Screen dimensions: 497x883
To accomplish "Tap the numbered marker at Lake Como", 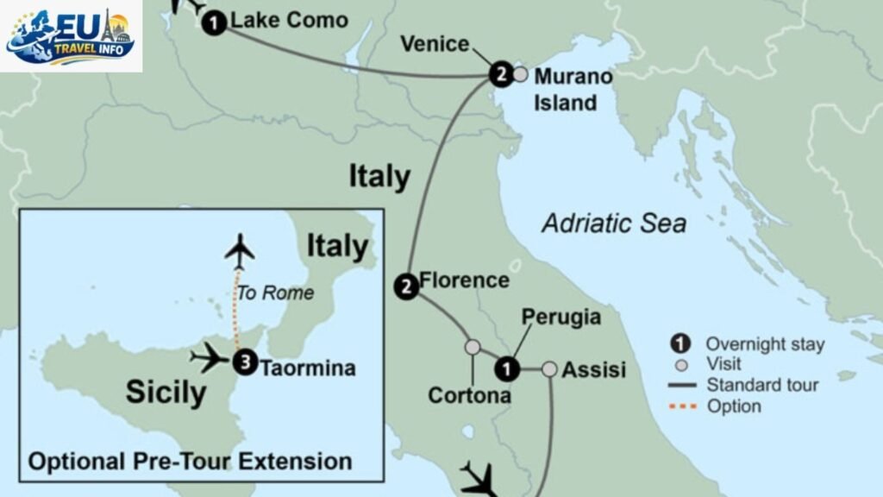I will pyautogui.click(x=215, y=23).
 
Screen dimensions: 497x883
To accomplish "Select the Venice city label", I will pyautogui.click(x=435, y=44).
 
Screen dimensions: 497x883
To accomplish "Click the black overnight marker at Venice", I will pyautogui.click(x=500, y=75).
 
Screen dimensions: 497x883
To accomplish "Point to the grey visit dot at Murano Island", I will pyautogui.click(x=520, y=74).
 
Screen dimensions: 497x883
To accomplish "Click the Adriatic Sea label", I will pyautogui.click(x=614, y=223).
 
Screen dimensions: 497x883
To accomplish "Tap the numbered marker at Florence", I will pyautogui.click(x=405, y=286).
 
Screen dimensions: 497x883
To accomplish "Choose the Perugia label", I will pyautogui.click(x=561, y=317).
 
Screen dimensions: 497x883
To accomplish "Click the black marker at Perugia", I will pyautogui.click(x=508, y=369).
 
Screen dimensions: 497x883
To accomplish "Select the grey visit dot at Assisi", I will pyautogui.click(x=550, y=369).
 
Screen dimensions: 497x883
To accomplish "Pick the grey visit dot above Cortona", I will pyautogui.click(x=473, y=347).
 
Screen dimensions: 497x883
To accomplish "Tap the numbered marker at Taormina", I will pyautogui.click(x=246, y=363).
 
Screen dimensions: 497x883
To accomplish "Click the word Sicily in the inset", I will pyautogui.click(x=166, y=393).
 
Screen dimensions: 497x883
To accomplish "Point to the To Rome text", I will pyautogui.click(x=275, y=293).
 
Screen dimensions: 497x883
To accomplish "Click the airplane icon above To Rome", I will pyautogui.click(x=240, y=251).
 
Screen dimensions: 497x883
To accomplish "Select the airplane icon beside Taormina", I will pyautogui.click(x=209, y=357).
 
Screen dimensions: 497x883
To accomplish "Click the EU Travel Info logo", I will pyautogui.click(x=71, y=35).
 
